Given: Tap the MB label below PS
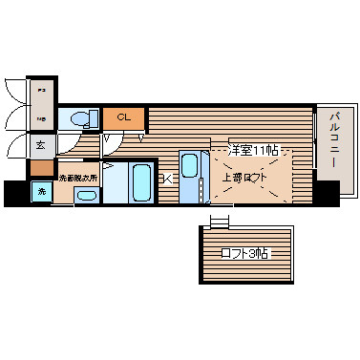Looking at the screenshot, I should click(x=41, y=119).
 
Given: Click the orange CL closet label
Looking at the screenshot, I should click(x=123, y=117).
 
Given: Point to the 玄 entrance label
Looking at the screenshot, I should click(x=41, y=145).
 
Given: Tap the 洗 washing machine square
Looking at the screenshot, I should click(x=41, y=192).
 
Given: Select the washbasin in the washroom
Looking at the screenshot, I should click(x=85, y=196).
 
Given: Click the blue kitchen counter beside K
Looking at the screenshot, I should click(x=188, y=178).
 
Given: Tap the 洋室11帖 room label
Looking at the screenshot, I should click(x=254, y=149).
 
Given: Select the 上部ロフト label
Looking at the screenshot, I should click(x=245, y=178).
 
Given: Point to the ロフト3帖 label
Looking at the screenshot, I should click(x=244, y=254).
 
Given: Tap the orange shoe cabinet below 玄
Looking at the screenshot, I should click(x=41, y=168).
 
